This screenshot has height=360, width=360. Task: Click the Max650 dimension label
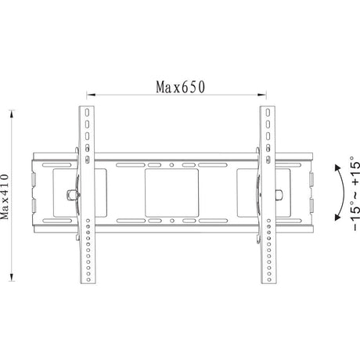click(x=180, y=87)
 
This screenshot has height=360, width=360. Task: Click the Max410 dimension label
click(x=5, y=197)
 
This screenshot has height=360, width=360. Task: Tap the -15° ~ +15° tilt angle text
click(x=355, y=193)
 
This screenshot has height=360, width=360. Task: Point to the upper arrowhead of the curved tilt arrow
click(x=337, y=167)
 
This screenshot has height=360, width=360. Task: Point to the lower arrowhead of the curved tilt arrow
click(x=337, y=218)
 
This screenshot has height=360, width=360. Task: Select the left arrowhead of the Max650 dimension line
click(x=91, y=95)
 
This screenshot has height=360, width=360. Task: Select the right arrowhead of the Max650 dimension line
click(x=261, y=95)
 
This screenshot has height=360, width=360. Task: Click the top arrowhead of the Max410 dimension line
click(x=12, y=114)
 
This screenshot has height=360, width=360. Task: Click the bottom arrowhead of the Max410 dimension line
click(x=12, y=277)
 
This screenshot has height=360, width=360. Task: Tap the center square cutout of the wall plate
click(x=171, y=193)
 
